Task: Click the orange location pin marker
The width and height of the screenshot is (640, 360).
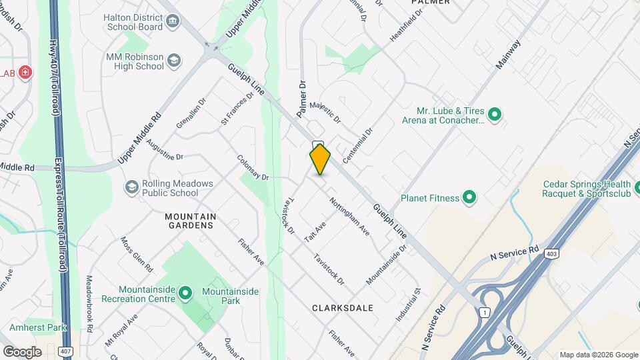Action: click(x=320, y=159)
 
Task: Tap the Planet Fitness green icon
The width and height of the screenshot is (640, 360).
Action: click(x=469, y=197)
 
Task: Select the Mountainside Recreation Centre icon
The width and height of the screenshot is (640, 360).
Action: click(x=185, y=292)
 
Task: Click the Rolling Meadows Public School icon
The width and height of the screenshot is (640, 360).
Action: click(x=131, y=188)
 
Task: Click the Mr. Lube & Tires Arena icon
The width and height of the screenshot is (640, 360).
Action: click(x=494, y=115)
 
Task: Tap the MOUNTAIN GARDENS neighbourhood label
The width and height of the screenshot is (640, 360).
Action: click(x=190, y=221)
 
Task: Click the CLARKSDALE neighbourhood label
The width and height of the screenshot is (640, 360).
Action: click(x=343, y=308)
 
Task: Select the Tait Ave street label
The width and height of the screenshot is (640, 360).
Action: click(x=314, y=231)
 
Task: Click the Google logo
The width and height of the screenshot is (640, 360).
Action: click(x=22, y=351)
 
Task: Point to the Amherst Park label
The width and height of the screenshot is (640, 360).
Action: click(x=38, y=328)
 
